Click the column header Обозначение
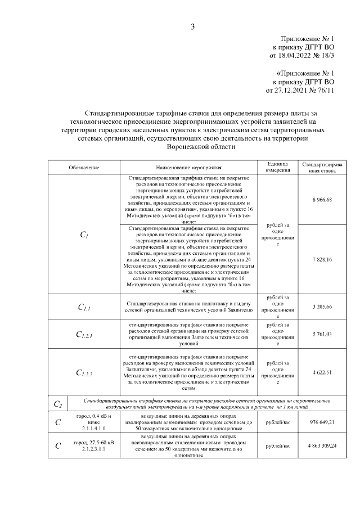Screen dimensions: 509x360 84,168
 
